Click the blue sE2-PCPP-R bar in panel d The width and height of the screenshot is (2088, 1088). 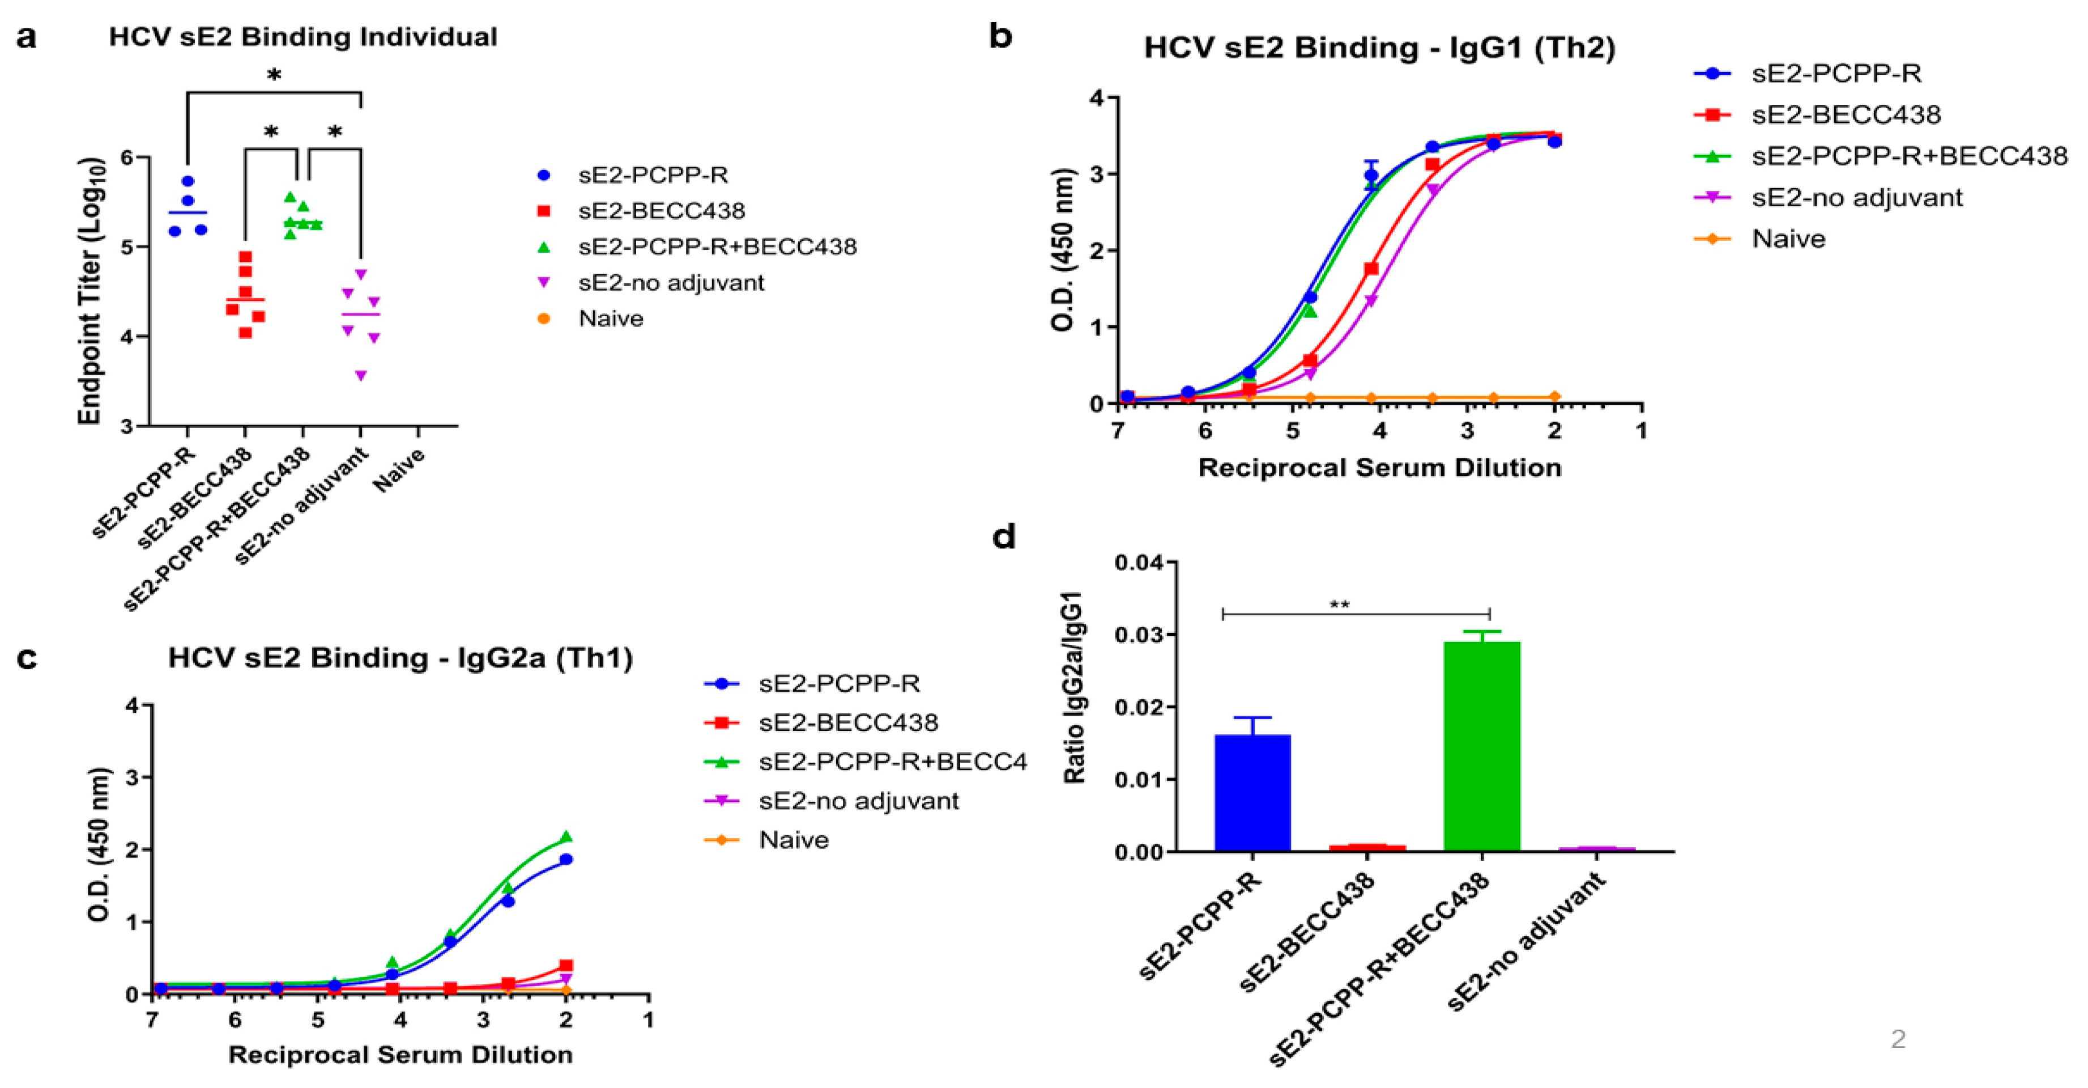click(x=1252, y=792)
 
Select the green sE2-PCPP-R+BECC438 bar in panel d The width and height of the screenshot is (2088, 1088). click(x=1482, y=746)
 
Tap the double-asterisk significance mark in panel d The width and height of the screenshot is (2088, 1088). click(x=1339, y=605)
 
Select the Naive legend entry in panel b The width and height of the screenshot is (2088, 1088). click(x=1788, y=239)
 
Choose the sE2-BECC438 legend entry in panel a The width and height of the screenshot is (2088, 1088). click(x=661, y=211)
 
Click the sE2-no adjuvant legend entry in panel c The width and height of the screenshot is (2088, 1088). click(x=858, y=801)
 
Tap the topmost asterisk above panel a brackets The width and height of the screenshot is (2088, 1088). click(x=274, y=76)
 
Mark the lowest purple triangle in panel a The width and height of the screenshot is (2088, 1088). click(x=361, y=375)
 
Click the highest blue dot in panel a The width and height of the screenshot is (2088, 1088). click(x=188, y=181)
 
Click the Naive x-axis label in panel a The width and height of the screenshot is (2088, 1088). click(x=399, y=470)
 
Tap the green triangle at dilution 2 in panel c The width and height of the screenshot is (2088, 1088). click(x=566, y=836)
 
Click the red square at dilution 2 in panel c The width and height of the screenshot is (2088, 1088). click(x=566, y=966)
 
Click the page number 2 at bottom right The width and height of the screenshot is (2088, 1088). click(x=1898, y=1039)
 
